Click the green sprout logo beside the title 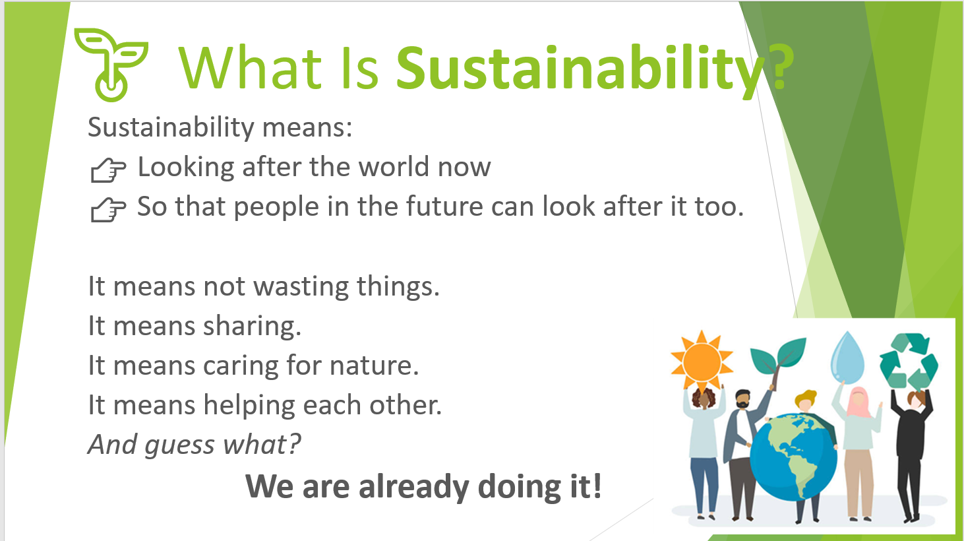(111, 65)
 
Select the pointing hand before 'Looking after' (108, 170)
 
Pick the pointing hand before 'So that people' (108, 210)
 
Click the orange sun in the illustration (702, 361)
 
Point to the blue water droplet (847, 358)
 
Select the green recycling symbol (908, 361)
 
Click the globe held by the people (793, 457)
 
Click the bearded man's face (742, 400)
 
